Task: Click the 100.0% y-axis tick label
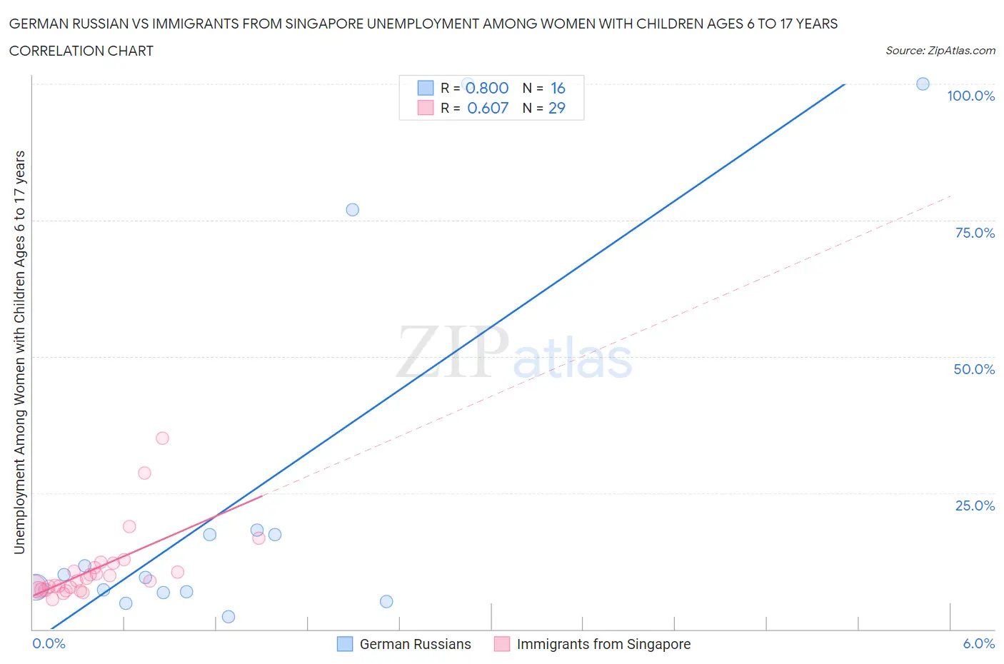[970, 96]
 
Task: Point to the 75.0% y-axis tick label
[975, 233]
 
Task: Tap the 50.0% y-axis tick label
[974, 369]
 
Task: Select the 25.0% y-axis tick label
[975, 505]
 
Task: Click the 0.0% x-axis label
[49, 643]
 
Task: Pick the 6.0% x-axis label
[978, 643]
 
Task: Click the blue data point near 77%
[352, 210]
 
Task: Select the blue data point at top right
[923, 84]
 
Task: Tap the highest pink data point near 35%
[162, 438]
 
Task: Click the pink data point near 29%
[144, 473]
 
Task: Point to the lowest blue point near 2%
[229, 617]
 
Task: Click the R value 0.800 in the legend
[487, 88]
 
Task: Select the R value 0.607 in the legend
[488, 108]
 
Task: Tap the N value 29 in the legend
[557, 108]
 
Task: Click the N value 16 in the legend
[558, 88]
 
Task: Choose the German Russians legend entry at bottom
[415, 644]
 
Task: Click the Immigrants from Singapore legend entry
[603, 644]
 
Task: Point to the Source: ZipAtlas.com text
[940, 51]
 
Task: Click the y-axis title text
[19, 352]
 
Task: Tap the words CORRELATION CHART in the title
[81, 51]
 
